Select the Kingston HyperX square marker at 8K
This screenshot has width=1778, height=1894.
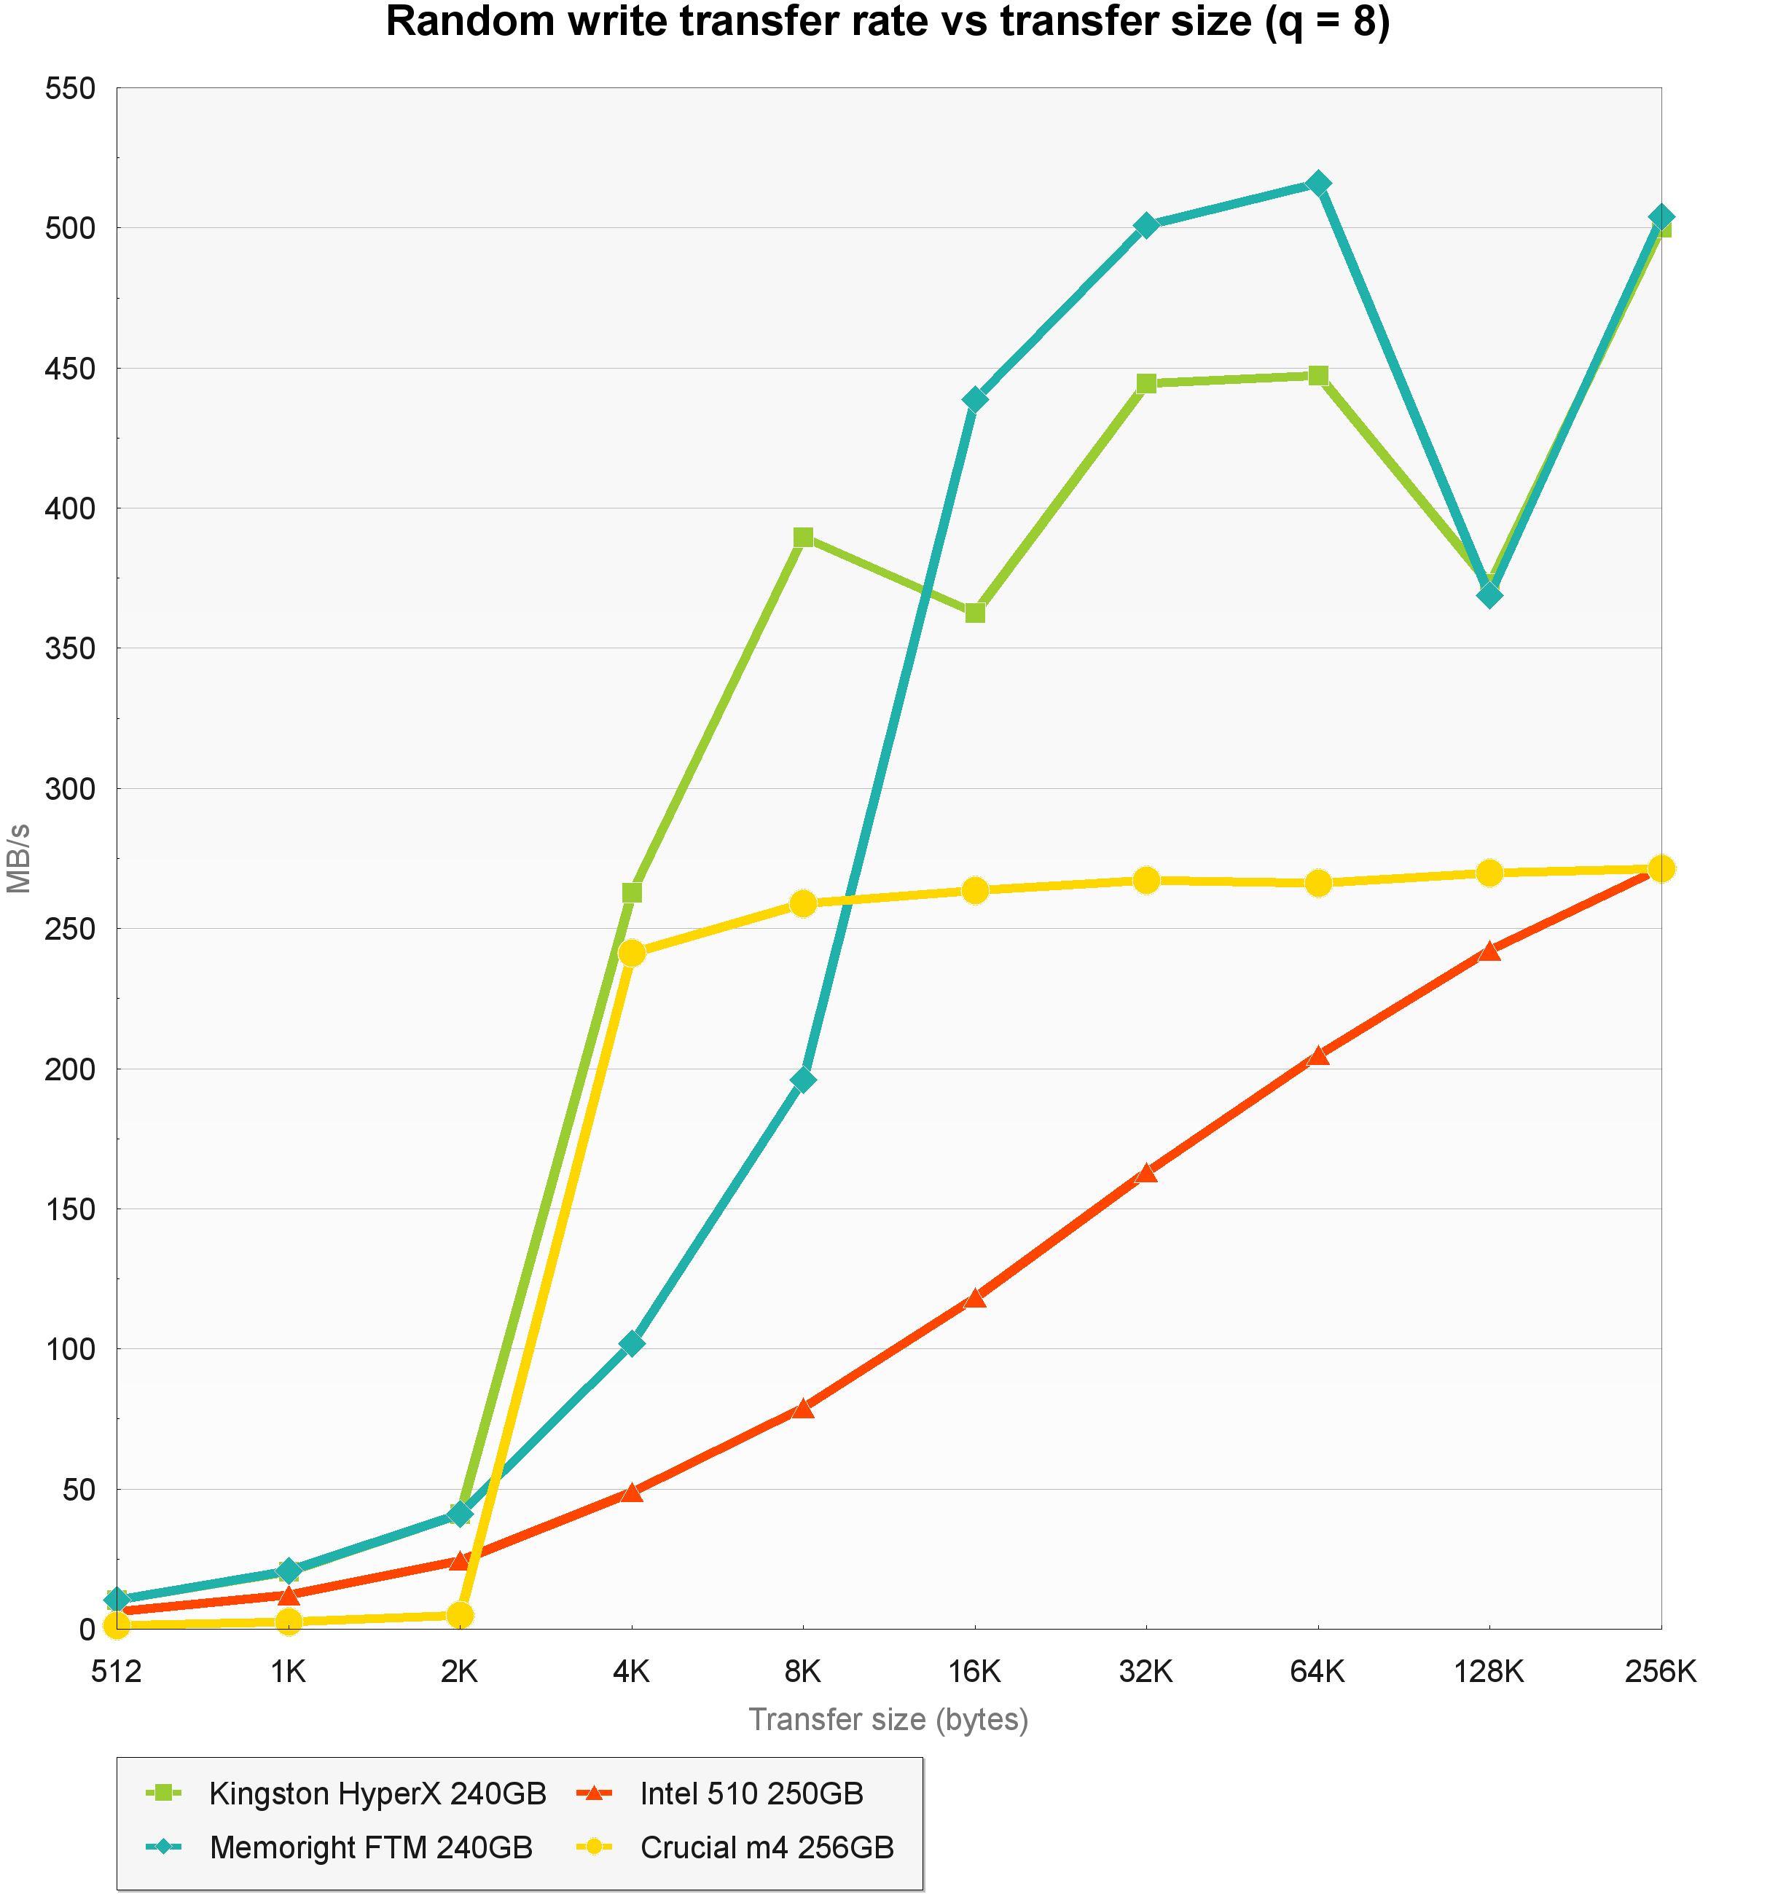pyautogui.click(x=803, y=538)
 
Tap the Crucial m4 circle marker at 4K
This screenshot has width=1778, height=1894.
pyautogui.click(x=632, y=953)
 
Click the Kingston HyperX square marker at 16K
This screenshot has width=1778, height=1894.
pyautogui.click(x=975, y=613)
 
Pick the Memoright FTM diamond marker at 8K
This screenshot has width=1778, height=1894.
pyautogui.click(x=803, y=1080)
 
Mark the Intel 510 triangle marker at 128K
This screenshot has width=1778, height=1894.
pyautogui.click(x=1489, y=951)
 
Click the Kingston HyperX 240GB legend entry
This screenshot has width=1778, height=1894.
pyautogui.click(x=377, y=1793)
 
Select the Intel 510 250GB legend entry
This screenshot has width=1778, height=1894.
pyautogui.click(x=751, y=1793)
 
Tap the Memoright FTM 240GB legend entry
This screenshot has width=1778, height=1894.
pyautogui.click(x=371, y=1847)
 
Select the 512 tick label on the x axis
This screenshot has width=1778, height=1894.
pyautogui.click(x=117, y=1671)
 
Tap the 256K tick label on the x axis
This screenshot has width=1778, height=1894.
pyautogui.click(x=1660, y=1671)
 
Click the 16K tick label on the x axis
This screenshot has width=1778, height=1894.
pyautogui.click(x=975, y=1671)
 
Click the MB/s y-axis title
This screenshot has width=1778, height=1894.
pyautogui.click(x=19, y=858)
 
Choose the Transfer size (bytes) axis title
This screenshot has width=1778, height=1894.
pyautogui.click(x=888, y=1720)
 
